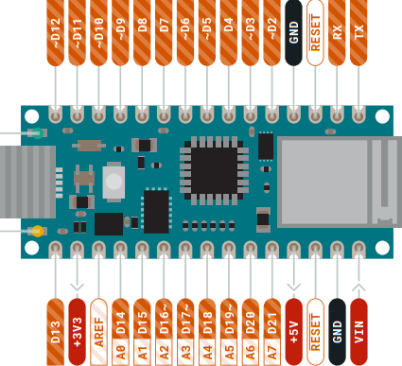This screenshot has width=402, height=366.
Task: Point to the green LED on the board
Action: coord(36,134)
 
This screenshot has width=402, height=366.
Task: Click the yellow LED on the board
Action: coord(36,230)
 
